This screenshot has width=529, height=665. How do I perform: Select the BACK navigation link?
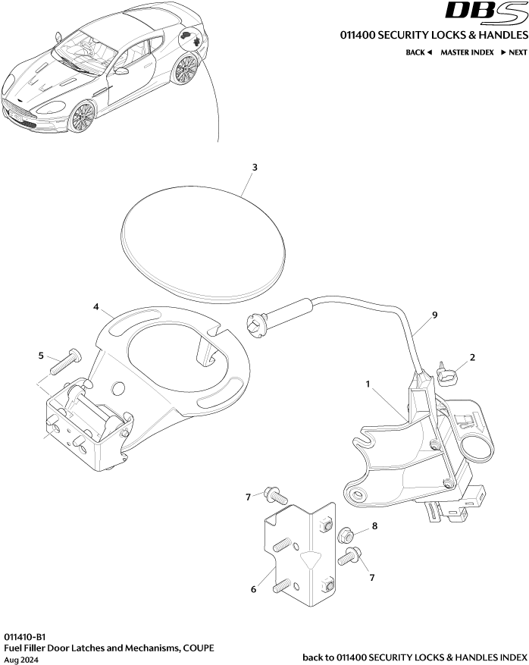tap(418, 52)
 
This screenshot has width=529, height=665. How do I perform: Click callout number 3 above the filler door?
tap(255, 166)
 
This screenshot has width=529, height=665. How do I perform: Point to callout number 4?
tap(96, 307)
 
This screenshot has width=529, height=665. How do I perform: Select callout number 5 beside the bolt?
tap(41, 354)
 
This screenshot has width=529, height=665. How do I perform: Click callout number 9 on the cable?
tap(434, 314)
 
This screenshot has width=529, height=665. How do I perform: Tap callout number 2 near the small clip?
tap(472, 357)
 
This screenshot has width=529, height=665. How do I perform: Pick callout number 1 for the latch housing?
tap(368, 384)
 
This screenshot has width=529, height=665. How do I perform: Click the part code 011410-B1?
tap(25, 636)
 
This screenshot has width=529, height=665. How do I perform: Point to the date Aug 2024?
tap(20, 660)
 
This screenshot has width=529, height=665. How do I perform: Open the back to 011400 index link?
tap(414, 657)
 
